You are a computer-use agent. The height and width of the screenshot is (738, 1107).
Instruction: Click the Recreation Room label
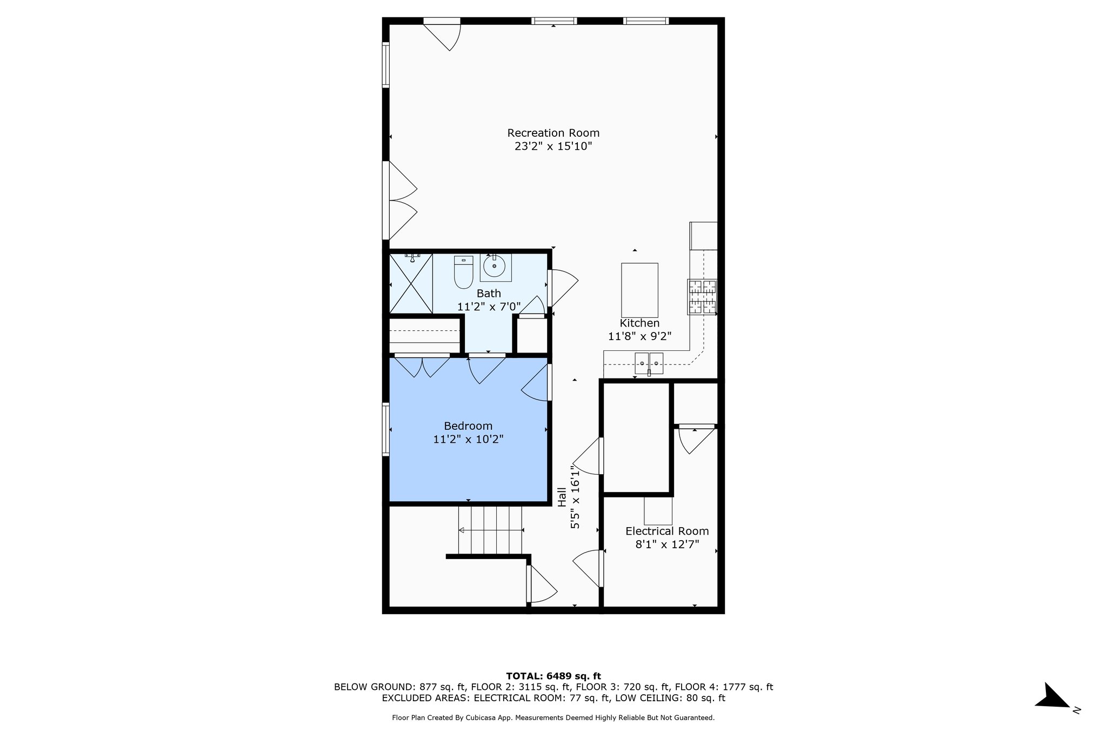click(553, 133)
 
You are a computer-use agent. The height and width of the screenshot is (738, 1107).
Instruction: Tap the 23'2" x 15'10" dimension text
click(553, 147)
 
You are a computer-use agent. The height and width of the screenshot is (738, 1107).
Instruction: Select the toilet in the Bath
click(463, 271)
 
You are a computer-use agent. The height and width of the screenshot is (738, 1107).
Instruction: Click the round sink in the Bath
click(495, 267)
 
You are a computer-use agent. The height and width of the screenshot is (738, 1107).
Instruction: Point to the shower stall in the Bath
click(411, 284)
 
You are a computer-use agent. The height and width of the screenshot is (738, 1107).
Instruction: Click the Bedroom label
click(468, 426)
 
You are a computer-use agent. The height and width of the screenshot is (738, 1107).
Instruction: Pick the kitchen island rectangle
click(639, 290)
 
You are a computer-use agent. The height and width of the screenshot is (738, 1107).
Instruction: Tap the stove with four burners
click(702, 297)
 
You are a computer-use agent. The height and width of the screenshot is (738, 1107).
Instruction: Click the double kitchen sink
click(649, 363)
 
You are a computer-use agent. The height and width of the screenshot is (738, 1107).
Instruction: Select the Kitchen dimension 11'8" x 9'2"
click(639, 336)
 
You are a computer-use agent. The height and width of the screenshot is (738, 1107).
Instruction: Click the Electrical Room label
click(667, 531)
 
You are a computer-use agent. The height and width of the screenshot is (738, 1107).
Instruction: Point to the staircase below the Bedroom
click(490, 530)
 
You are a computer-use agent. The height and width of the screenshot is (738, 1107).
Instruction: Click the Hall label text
click(562, 497)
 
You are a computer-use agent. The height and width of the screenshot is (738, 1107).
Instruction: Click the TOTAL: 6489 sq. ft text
click(553, 676)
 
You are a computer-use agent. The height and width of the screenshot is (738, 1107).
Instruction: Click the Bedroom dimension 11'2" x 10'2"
click(468, 440)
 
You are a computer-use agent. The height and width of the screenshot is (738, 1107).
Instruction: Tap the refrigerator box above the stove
click(704, 236)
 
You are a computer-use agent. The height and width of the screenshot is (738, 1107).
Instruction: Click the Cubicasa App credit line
click(553, 718)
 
